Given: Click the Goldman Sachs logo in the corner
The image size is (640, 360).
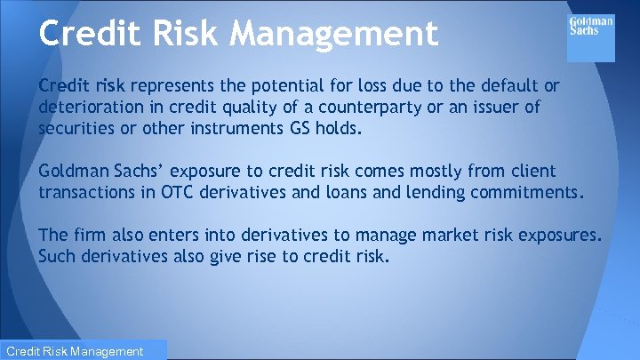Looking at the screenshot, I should pos(590,26).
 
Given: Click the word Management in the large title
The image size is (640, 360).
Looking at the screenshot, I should pos(334,34).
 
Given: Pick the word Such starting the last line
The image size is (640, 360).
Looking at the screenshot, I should pos(58,256).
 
